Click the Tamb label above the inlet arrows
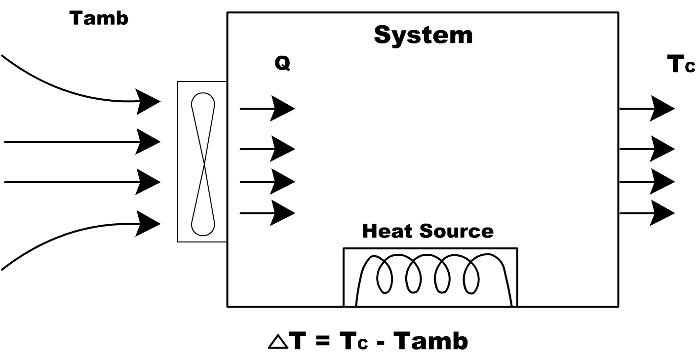(99, 18)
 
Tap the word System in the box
(423, 35)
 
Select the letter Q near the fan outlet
(282, 63)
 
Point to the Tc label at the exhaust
(681, 65)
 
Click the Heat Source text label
(427, 231)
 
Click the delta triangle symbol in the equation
(277, 342)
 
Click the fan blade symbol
(203, 161)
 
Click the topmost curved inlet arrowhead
(148, 102)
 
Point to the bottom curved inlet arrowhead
(148, 223)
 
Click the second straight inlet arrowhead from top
(148, 182)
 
